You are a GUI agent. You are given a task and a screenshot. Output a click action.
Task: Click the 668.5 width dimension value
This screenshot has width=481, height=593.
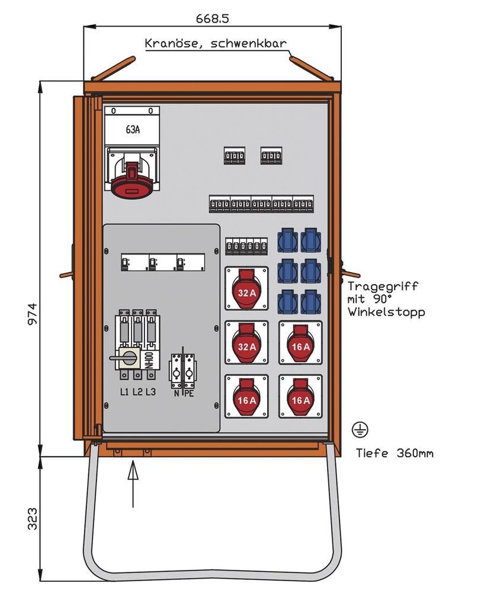click(212, 18)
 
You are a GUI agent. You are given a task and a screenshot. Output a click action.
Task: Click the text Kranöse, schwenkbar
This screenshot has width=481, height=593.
click(216, 44)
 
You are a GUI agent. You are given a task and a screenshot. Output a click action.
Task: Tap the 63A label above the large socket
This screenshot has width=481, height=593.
click(133, 130)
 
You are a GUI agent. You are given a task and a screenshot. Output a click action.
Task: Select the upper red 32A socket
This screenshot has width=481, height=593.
click(246, 289)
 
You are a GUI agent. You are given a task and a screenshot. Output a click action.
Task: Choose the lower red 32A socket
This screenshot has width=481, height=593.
click(246, 343)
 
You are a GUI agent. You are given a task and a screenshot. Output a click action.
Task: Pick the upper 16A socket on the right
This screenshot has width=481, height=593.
click(300, 343)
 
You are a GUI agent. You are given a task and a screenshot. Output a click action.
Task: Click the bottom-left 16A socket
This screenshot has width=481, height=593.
click(246, 396)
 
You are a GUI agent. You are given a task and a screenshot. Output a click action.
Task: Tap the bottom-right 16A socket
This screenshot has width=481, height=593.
click(300, 396)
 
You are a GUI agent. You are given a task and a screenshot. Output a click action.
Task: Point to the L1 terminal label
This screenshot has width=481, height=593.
click(124, 391)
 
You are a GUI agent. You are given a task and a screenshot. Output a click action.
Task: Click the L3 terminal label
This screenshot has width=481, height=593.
click(150, 391)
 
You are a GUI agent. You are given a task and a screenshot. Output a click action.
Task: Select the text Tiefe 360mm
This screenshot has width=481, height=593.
click(394, 454)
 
